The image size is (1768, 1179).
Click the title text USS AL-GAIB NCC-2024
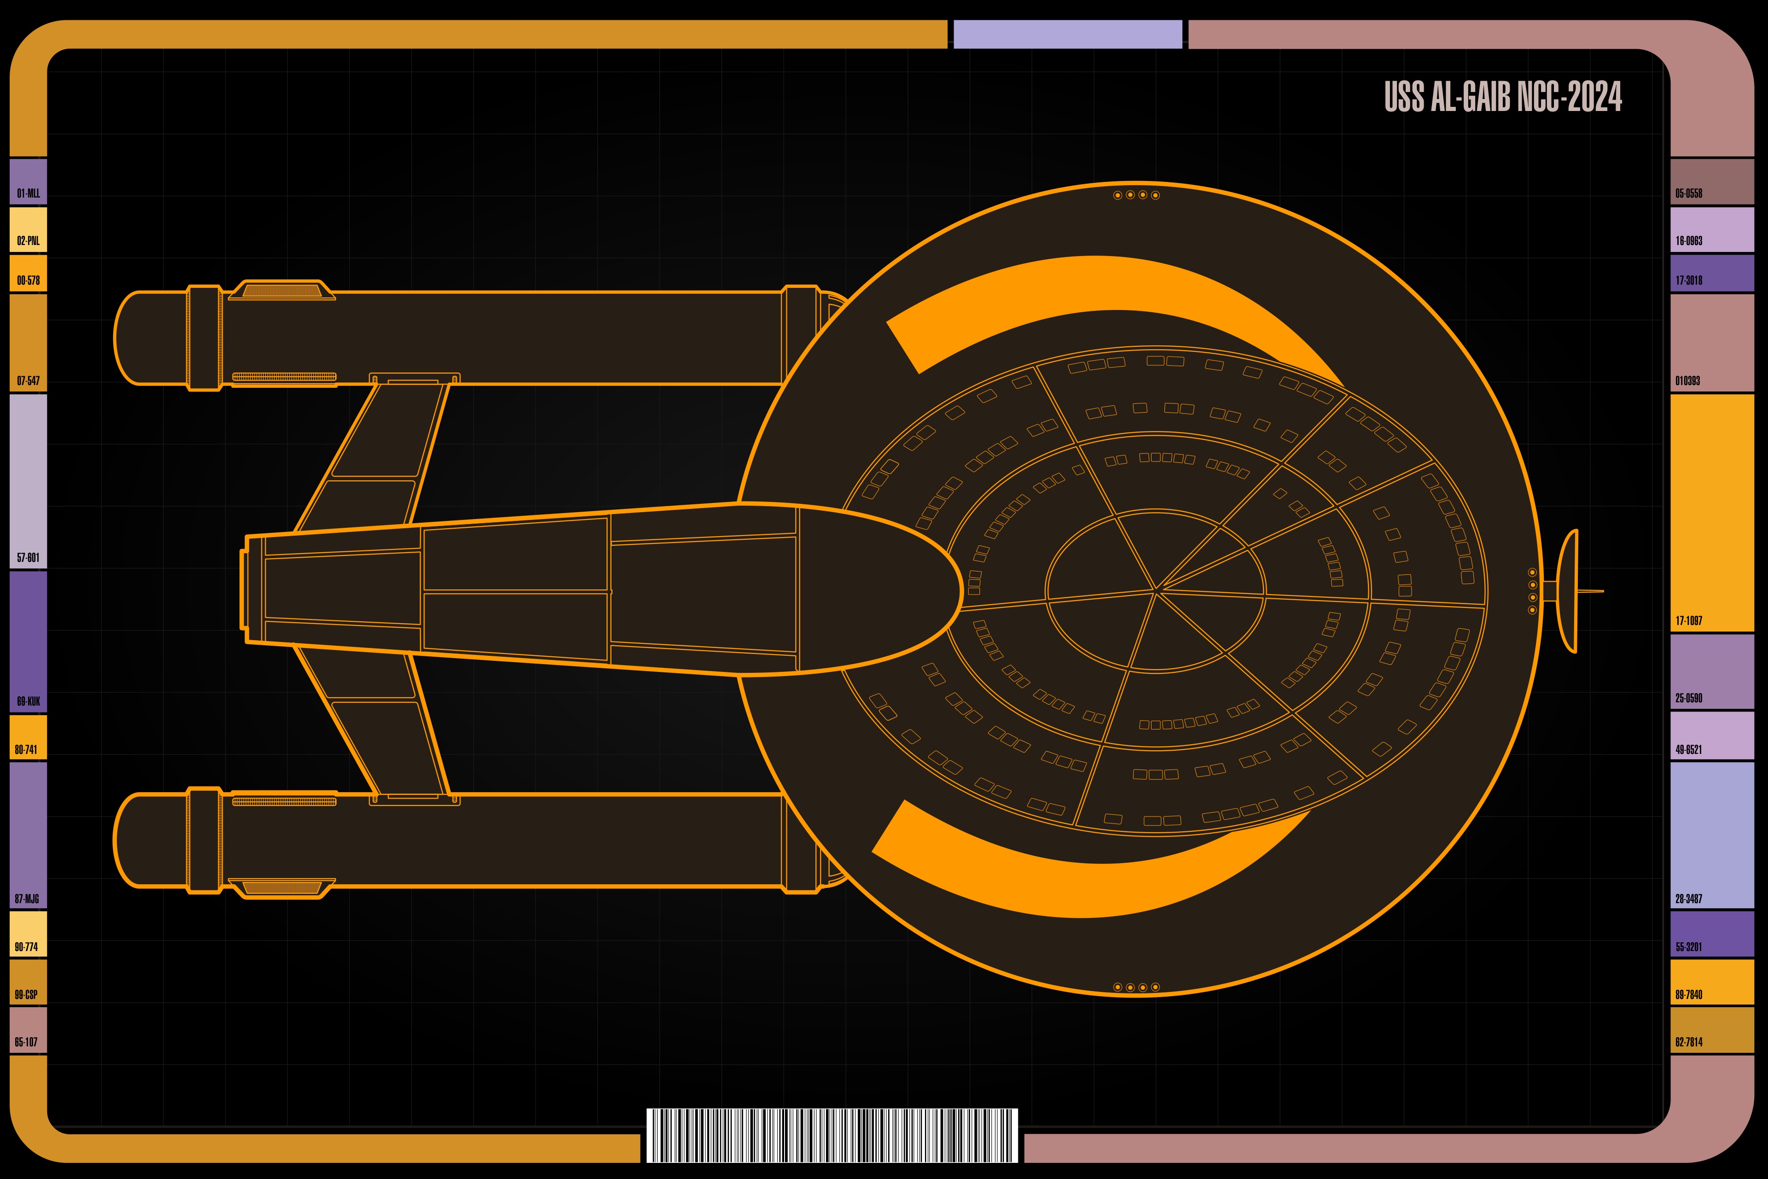point(1503,97)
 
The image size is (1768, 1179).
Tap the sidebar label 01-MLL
point(29,193)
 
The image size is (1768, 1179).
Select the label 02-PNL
point(29,240)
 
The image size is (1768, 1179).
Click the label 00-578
point(29,280)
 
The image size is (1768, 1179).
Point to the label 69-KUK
point(29,701)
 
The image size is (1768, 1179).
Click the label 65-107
point(26,1042)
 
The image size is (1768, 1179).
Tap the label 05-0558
point(1688,193)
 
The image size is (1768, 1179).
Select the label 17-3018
point(1688,280)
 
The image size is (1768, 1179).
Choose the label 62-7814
point(1688,1042)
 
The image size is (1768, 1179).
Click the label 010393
point(1687,380)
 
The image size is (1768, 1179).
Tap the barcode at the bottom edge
point(832,1135)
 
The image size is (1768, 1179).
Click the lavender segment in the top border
point(1067,35)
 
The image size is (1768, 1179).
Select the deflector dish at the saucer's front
point(1568,591)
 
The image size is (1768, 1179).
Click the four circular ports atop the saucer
point(1137,195)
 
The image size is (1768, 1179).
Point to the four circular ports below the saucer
point(1137,987)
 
